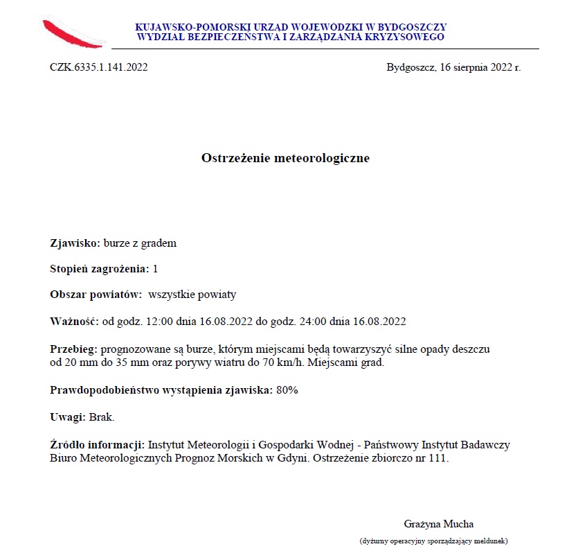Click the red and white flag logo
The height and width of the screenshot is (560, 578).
click(73, 32)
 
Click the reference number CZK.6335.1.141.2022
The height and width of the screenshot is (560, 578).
click(98, 68)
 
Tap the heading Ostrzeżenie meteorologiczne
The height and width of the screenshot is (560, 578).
click(285, 159)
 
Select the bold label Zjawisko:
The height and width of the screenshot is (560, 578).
click(75, 243)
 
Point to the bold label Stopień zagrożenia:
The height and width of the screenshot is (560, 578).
click(100, 269)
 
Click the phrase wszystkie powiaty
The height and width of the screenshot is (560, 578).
click(192, 295)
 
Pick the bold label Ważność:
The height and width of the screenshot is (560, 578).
click(74, 321)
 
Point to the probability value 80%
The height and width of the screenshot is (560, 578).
click(287, 390)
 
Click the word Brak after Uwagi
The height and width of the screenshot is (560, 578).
click(101, 417)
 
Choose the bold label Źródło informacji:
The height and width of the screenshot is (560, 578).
click(97, 444)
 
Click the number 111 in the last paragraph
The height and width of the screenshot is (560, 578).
click(440, 458)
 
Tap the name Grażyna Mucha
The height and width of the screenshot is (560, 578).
click(439, 524)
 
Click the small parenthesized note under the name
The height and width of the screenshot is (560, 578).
click(434, 540)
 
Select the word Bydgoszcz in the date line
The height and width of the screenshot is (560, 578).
click(410, 68)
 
